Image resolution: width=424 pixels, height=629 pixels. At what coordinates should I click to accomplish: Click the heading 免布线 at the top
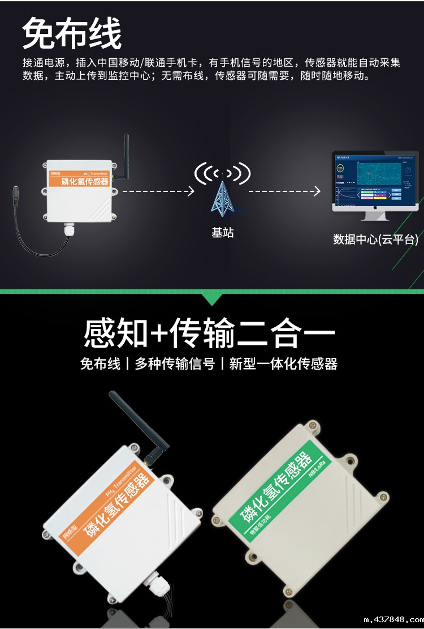(72, 34)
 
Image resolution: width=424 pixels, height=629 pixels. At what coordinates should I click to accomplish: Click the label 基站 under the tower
(222, 233)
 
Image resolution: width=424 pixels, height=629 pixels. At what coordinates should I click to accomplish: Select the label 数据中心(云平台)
(375, 239)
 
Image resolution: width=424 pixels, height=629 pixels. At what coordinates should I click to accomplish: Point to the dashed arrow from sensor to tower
(158, 191)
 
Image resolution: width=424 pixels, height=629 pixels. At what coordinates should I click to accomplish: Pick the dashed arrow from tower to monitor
(284, 191)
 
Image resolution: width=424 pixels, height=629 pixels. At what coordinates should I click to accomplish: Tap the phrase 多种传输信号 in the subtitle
(175, 364)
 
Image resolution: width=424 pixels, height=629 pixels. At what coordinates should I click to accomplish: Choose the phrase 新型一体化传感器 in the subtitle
(283, 364)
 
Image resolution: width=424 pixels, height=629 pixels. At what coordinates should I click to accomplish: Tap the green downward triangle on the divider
(212, 299)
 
